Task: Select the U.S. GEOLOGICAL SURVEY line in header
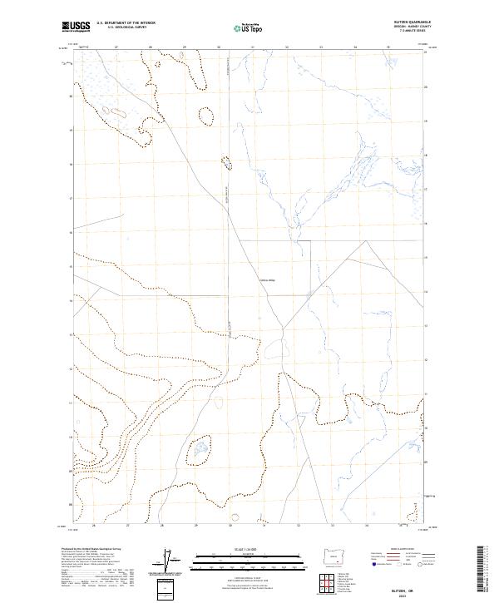pyautogui.click(x=126, y=27)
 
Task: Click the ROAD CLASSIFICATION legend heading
pyautogui.click(x=402, y=550)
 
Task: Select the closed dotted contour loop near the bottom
pyautogui.click(x=199, y=453)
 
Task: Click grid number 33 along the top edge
pyautogui.click(x=321, y=47)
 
